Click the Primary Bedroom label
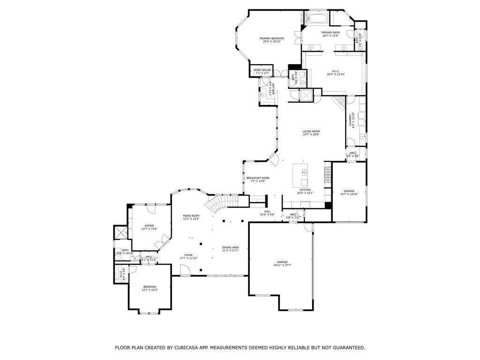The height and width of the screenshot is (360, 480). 272,40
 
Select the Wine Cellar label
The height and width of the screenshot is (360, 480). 262,71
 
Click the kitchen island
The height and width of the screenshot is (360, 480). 300,175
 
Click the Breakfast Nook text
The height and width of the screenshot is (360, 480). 258,179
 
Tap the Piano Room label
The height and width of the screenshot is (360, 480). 191,217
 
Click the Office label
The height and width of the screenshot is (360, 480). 149,227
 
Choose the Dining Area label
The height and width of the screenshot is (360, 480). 231,248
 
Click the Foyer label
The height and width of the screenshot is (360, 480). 188,256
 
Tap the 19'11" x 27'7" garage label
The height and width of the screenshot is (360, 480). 282,263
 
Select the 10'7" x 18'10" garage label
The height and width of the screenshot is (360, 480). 349,192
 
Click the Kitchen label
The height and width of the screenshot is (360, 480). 305,191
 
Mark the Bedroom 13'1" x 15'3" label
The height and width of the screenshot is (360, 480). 150,288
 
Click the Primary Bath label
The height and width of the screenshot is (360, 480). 330,34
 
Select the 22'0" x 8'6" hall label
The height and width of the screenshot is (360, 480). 267,213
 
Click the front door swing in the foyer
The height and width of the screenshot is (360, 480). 185,270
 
